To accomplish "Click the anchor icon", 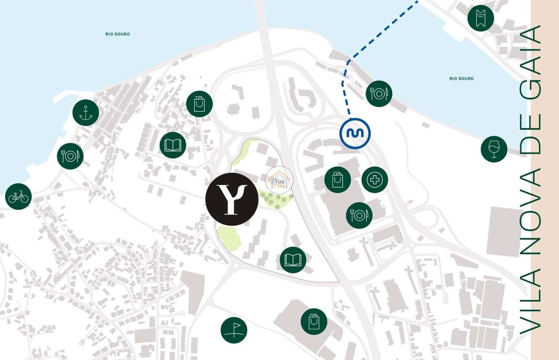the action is tap(86, 113).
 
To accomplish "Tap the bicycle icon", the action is tap(18, 196).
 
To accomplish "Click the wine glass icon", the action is tap(494, 149).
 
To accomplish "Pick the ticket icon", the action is tap(480, 18).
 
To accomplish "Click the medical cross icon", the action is tap(375, 180).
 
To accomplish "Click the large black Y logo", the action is tap(232, 199).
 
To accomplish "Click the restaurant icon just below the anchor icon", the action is tap(70, 156).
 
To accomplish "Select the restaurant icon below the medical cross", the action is tap(359, 215).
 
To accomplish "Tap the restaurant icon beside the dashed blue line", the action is tap(379, 93).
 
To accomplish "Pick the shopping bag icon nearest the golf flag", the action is tap(314, 322).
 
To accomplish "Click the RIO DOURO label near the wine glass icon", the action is tap(461, 79).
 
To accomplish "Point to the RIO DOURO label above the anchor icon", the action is tap(117, 34).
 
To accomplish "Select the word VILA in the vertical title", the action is tap(531, 301).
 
